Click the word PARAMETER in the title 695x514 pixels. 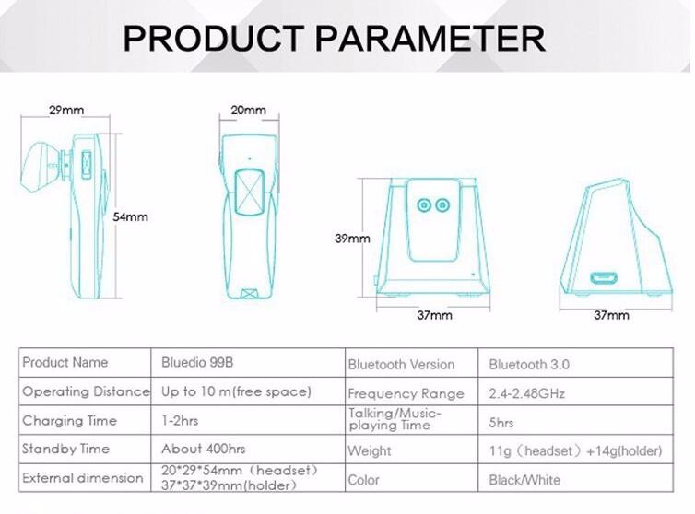[430, 39]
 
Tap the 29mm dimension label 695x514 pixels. [66, 110]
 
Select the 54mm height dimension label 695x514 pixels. [130, 216]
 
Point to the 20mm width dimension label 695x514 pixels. [248, 110]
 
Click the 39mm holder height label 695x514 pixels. [352, 239]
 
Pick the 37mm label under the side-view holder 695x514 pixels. [612, 315]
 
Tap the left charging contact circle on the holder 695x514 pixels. [424, 205]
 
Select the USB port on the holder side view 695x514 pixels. [603, 278]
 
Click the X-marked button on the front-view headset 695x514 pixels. [250, 193]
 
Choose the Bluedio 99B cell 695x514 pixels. [197, 362]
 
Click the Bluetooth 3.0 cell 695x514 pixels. [529, 365]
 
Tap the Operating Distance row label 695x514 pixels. [86, 391]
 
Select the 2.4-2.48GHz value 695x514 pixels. [527, 393]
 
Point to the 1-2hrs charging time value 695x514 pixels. [180, 421]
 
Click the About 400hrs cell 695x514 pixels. [204, 449]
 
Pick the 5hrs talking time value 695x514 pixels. [501, 423]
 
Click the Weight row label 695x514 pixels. [370, 451]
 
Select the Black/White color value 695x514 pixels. [524, 480]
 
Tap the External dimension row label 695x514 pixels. [83, 478]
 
